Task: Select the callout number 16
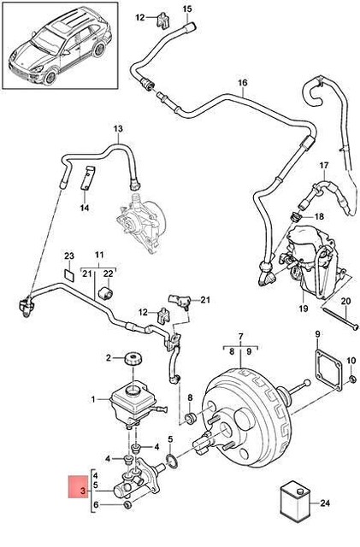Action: point(242,83)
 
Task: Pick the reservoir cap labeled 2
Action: point(133,357)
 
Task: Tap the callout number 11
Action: point(98,255)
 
